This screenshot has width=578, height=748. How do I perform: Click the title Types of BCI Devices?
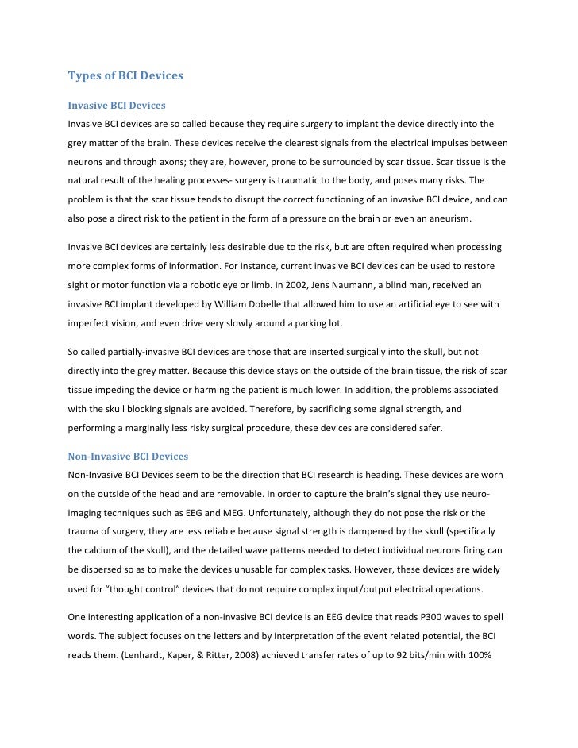[125, 76]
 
